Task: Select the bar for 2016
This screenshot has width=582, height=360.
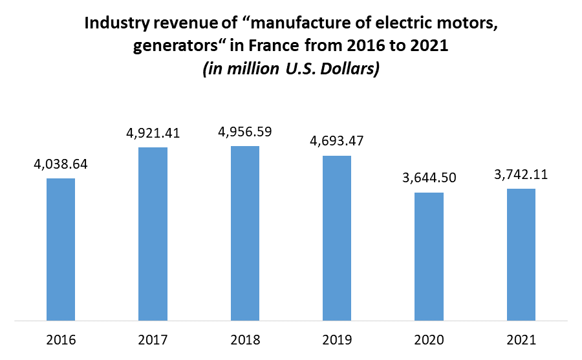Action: click(61, 249)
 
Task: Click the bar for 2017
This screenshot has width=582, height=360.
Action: click(153, 233)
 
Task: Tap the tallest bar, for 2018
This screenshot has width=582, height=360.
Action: click(245, 233)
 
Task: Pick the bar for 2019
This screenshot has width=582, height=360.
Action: click(337, 238)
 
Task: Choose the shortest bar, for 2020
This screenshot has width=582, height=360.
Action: click(429, 256)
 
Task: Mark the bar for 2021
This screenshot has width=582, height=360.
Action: click(521, 254)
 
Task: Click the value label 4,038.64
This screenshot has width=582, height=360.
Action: click(61, 164)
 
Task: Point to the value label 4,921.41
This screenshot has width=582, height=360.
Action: click(153, 134)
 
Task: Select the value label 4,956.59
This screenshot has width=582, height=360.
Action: click(245, 132)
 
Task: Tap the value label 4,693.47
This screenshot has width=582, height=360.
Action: click(337, 142)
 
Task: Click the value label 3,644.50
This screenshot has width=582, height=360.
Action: click(429, 178)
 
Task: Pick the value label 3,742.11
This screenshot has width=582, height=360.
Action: click(521, 175)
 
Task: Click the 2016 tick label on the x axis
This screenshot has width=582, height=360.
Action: click(61, 339)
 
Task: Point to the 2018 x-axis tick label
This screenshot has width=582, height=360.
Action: click(245, 339)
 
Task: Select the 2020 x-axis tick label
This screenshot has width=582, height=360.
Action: click(429, 339)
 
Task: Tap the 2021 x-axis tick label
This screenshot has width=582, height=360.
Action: click(521, 339)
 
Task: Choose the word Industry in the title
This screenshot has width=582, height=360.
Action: click(115, 26)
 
